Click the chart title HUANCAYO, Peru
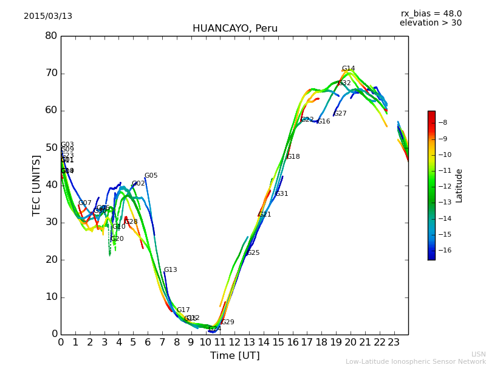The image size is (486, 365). [234, 29]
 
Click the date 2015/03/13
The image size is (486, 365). [48, 16]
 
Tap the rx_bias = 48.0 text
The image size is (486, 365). [431, 13]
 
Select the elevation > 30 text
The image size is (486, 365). [430, 23]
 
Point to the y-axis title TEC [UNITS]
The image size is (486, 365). [36, 185]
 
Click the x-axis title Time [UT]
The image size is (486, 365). [234, 356]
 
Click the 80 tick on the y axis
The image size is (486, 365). [51, 36]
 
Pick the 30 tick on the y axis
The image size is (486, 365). [51, 222]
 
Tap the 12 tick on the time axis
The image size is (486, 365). [234, 342]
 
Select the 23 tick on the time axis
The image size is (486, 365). [394, 342]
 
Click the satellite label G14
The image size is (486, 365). [348, 69]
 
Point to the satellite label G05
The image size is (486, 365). [151, 176]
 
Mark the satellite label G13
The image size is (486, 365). [170, 270]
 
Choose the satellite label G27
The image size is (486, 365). [340, 114]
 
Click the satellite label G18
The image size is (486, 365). [293, 157]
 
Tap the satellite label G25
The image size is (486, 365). [253, 253]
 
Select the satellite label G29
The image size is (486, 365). [227, 322]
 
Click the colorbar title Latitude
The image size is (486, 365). [459, 186]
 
